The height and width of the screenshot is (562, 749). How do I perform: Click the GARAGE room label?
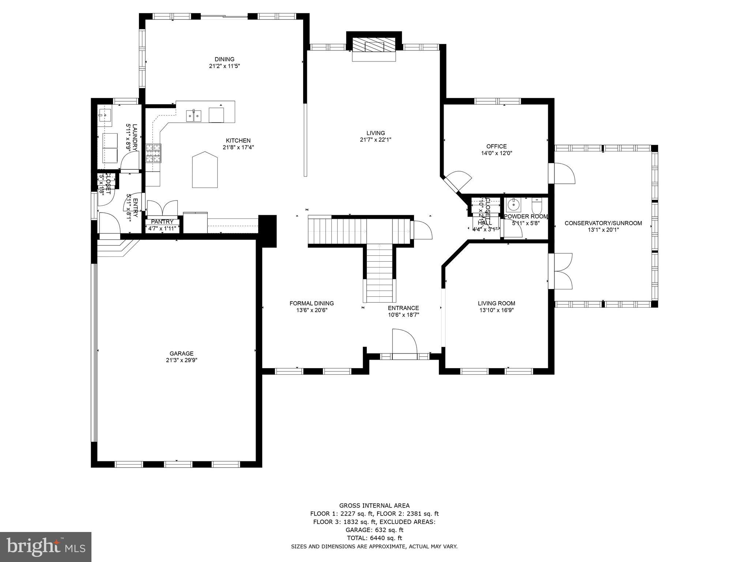tap(181, 353)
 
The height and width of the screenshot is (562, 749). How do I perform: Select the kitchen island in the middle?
tap(205, 170)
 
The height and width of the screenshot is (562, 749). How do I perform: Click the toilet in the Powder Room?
tap(537, 206)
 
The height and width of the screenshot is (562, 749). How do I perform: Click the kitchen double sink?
tap(194, 116)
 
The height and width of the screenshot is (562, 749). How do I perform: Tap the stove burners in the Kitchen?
tap(154, 153)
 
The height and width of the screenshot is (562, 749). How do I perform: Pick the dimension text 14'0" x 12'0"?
tap(496, 154)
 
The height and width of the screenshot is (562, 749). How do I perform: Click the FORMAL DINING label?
tap(312, 303)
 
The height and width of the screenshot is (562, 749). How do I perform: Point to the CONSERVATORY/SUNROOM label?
tap(603, 223)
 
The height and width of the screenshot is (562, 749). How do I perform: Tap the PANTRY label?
tap(162, 222)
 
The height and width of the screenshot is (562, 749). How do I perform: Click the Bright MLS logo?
tap(46, 547)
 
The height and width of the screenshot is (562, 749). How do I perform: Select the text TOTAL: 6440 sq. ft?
tap(374, 537)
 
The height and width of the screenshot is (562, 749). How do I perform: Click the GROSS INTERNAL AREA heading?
tap(374, 506)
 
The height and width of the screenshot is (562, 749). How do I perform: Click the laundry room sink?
tap(105, 115)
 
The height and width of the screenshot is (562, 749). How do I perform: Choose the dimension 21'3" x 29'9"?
tap(181, 360)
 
